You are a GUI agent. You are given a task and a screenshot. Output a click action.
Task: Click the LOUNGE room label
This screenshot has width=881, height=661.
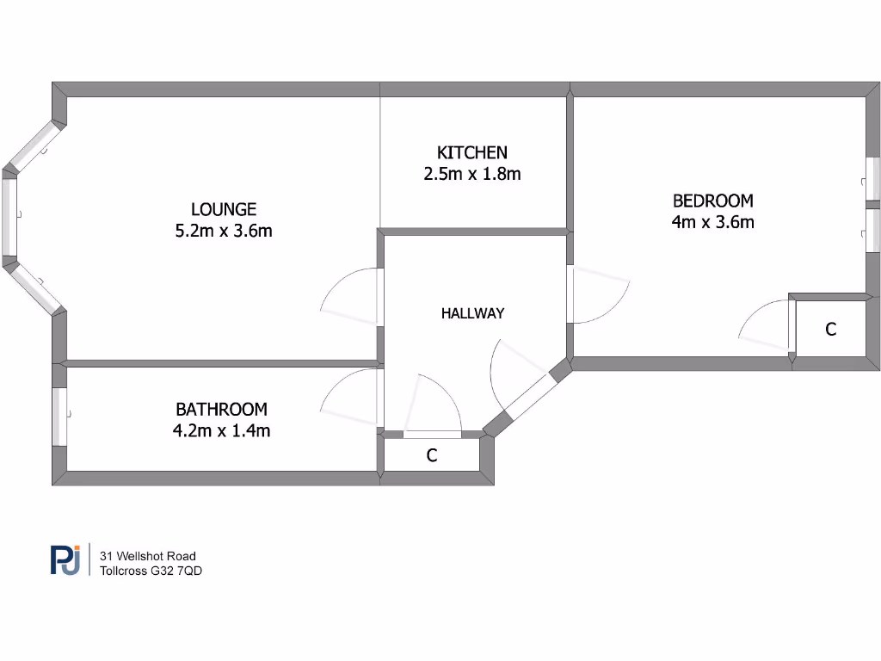pyautogui.click(x=224, y=209)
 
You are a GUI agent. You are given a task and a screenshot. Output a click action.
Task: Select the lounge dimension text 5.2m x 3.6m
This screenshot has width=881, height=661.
pyautogui.click(x=224, y=231)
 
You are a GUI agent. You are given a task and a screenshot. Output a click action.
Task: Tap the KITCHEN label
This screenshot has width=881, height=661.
pyautogui.click(x=472, y=152)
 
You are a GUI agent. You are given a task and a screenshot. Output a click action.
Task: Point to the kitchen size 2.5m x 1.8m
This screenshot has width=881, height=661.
pyautogui.click(x=472, y=174)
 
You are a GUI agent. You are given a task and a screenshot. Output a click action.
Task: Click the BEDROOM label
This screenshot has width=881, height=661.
pyautogui.click(x=712, y=201)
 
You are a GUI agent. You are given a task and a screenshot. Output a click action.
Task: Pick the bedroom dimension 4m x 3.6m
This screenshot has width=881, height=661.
pyautogui.click(x=712, y=222)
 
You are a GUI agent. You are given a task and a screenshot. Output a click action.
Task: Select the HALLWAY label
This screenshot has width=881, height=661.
pyautogui.click(x=472, y=313)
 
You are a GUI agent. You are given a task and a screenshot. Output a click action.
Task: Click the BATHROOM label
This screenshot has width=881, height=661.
pyautogui.click(x=221, y=410)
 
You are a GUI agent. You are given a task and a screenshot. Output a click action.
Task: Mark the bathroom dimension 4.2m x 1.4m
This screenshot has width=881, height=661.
pyautogui.click(x=221, y=430)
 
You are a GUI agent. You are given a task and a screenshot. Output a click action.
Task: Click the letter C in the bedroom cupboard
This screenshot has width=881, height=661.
pyautogui.click(x=830, y=329)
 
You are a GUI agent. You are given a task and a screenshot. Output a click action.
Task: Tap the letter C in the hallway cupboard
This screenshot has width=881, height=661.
pyautogui.click(x=432, y=456)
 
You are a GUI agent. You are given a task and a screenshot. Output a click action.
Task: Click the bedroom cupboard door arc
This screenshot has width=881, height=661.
pyautogui.click(x=762, y=325)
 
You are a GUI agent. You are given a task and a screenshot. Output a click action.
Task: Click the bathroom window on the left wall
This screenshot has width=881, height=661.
pyautogui.click(x=59, y=417)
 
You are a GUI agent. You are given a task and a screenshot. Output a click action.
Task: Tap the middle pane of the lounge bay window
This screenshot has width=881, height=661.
pyautogui.click(x=9, y=216)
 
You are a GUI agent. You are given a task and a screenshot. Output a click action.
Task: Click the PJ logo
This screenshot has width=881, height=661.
pyautogui.click(x=65, y=560)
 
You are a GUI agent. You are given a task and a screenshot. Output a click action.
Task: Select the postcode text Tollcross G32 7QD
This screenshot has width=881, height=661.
pyautogui.click(x=151, y=571)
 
